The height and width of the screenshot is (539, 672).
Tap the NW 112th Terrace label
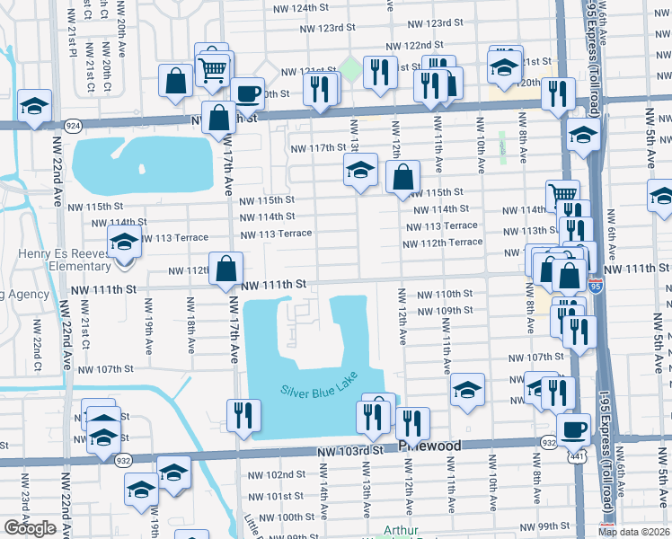pos(442,243)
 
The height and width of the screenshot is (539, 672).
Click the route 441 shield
pos(575,457)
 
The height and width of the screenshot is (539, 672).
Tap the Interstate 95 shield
pos(596,286)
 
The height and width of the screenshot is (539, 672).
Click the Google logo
pos(30,528)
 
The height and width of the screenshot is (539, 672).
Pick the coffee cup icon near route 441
pos(573,429)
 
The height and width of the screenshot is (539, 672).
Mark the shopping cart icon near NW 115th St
pos(562,193)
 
